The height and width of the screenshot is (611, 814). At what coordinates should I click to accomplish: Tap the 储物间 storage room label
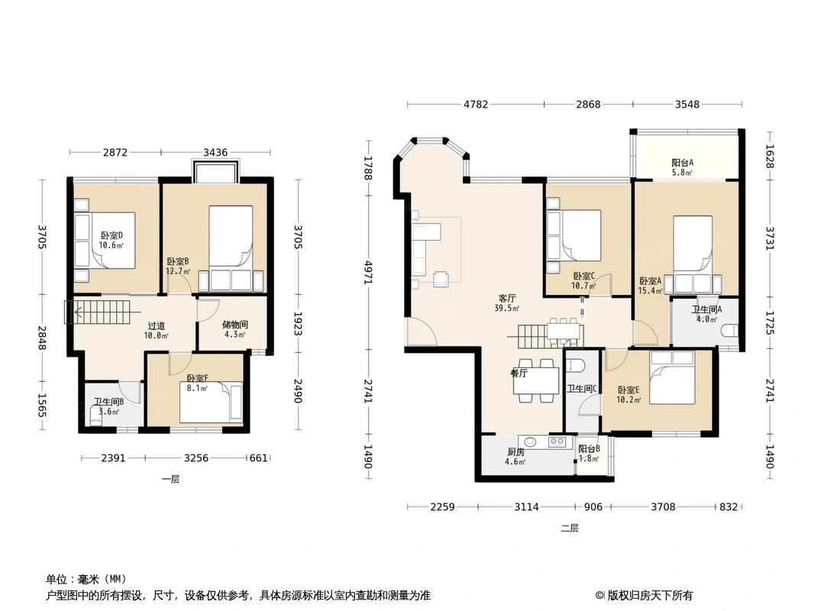tap(234, 325)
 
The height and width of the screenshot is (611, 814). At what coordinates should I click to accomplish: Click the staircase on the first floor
tap(99, 312)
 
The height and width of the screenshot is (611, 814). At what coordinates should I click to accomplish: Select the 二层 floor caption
tap(570, 528)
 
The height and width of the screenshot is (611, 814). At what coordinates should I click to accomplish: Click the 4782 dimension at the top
tap(475, 105)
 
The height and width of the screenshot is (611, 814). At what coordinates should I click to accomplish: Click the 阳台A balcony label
tap(682, 163)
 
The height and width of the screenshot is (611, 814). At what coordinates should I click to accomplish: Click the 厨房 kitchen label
tap(516, 451)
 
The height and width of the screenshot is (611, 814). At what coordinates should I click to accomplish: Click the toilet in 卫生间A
tap(731, 329)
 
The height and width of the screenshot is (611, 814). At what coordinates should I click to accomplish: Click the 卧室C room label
tap(583, 276)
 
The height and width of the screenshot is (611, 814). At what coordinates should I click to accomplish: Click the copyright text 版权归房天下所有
tap(649, 595)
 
